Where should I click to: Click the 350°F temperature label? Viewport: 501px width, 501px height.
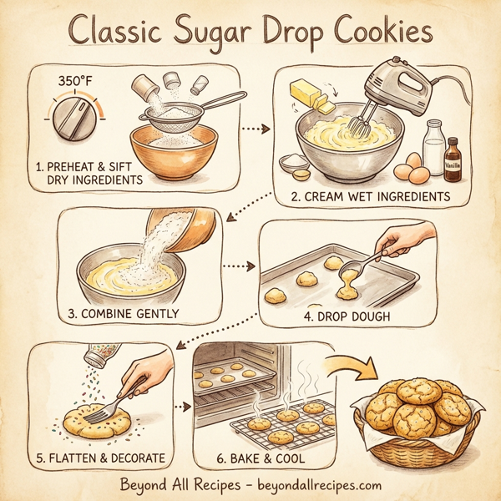point(74,82)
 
